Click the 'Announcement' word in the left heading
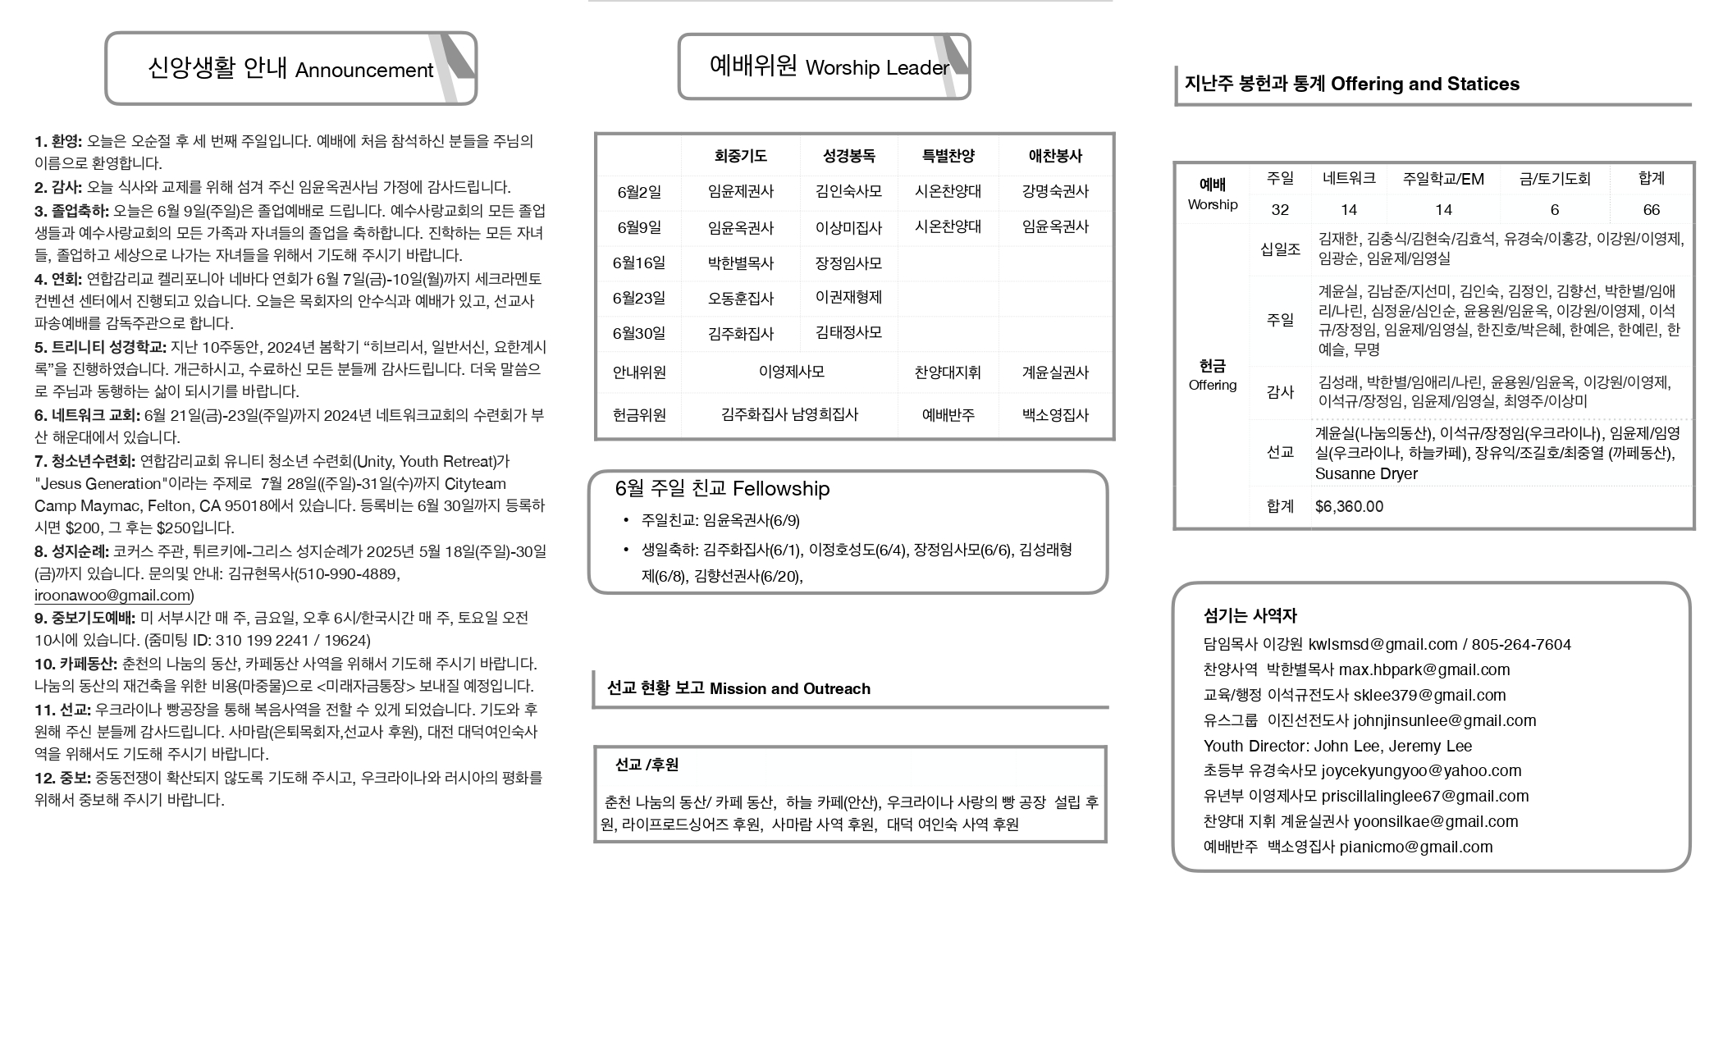point(363,71)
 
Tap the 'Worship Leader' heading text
point(876,68)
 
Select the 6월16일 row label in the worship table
point(638,263)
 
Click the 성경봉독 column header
point(848,156)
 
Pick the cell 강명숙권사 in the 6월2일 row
point(1054,192)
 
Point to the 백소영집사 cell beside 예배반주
point(1054,415)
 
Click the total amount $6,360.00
point(1349,507)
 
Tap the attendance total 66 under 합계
point(1651,210)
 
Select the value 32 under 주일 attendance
point(1279,210)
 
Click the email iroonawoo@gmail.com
point(112,596)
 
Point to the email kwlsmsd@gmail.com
point(1383,645)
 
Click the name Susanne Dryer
point(1366,474)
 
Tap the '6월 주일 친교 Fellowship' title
point(722,489)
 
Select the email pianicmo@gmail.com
point(1415,847)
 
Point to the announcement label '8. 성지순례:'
point(71,551)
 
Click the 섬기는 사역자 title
point(1250,616)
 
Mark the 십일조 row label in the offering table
point(1280,249)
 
